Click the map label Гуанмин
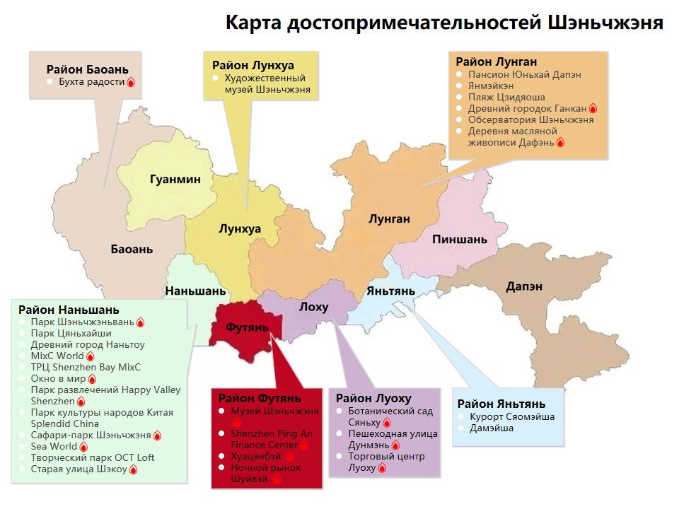(175, 180)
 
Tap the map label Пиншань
(460, 240)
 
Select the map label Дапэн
(524, 286)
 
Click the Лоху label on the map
(313, 307)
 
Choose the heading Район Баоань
(87, 69)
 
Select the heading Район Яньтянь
(501, 404)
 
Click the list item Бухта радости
(91, 82)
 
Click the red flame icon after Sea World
(83, 447)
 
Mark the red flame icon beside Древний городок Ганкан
(593, 109)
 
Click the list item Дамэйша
(492, 428)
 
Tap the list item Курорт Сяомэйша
(512, 416)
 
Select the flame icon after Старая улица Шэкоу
(133, 469)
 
